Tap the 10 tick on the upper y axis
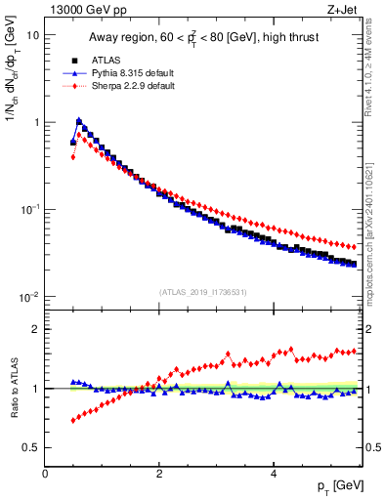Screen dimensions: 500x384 tap(32, 35)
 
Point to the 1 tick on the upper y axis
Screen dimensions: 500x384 tap(35, 122)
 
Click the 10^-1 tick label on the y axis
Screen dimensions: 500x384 tap(30, 209)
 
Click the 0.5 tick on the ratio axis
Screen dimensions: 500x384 tap(29, 447)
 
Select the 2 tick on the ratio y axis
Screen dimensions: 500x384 tap(35, 329)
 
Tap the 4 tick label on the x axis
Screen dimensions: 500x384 tap(274, 473)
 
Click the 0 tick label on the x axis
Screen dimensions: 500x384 tap(45, 473)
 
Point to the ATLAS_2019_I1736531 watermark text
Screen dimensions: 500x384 tap(202, 292)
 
